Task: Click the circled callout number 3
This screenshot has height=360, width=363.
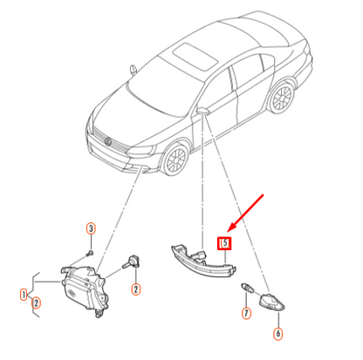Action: click(91, 228)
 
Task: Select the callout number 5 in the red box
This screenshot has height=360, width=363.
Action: click(224, 243)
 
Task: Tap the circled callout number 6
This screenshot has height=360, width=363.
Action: click(278, 333)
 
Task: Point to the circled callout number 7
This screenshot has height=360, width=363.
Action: click(246, 313)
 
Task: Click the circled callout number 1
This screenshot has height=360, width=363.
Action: click(24, 295)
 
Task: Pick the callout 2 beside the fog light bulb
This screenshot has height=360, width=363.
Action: click(136, 289)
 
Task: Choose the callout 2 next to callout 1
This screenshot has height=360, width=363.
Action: click(36, 303)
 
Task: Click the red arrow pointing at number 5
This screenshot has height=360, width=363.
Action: click(245, 214)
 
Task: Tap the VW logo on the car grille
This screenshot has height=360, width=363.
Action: click(108, 141)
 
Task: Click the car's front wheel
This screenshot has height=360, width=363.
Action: click(175, 160)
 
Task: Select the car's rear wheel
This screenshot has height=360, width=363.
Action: click(282, 98)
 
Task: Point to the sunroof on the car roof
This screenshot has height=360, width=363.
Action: click(195, 56)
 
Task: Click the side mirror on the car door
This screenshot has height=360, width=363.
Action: click(203, 111)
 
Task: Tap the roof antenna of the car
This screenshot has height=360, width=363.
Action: click(134, 70)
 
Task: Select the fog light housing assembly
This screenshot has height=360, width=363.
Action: click(85, 290)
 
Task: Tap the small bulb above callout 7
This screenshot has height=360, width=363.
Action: click(248, 288)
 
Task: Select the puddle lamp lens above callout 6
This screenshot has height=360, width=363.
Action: click(271, 302)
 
